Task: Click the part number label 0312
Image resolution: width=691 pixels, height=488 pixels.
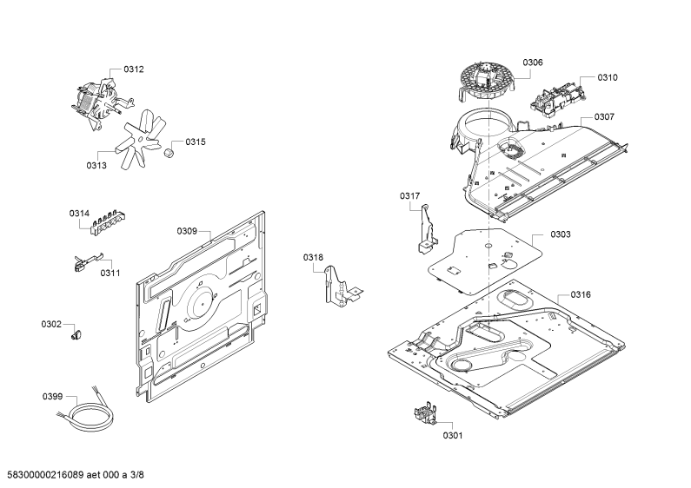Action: click(134, 69)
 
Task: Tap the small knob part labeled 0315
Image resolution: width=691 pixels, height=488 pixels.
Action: click(169, 154)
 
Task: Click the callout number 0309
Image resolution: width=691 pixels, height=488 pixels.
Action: click(187, 231)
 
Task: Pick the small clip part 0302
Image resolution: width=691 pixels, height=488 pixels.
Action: click(76, 333)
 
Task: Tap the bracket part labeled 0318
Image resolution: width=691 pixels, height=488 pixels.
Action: click(342, 286)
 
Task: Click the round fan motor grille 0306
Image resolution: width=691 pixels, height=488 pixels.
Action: click(487, 82)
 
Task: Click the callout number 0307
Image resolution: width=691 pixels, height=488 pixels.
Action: click(604, 116)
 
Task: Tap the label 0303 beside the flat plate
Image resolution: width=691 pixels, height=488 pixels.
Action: click(561, 234)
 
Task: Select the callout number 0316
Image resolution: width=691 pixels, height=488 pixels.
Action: click(581, 294)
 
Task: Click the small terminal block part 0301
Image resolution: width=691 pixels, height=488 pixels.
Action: click(425, 415)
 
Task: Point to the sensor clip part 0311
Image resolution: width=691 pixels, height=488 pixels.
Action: click(88, 262)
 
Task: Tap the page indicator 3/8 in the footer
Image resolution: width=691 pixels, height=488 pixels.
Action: click(137, 475)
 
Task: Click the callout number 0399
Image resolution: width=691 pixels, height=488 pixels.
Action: click(52, 397)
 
